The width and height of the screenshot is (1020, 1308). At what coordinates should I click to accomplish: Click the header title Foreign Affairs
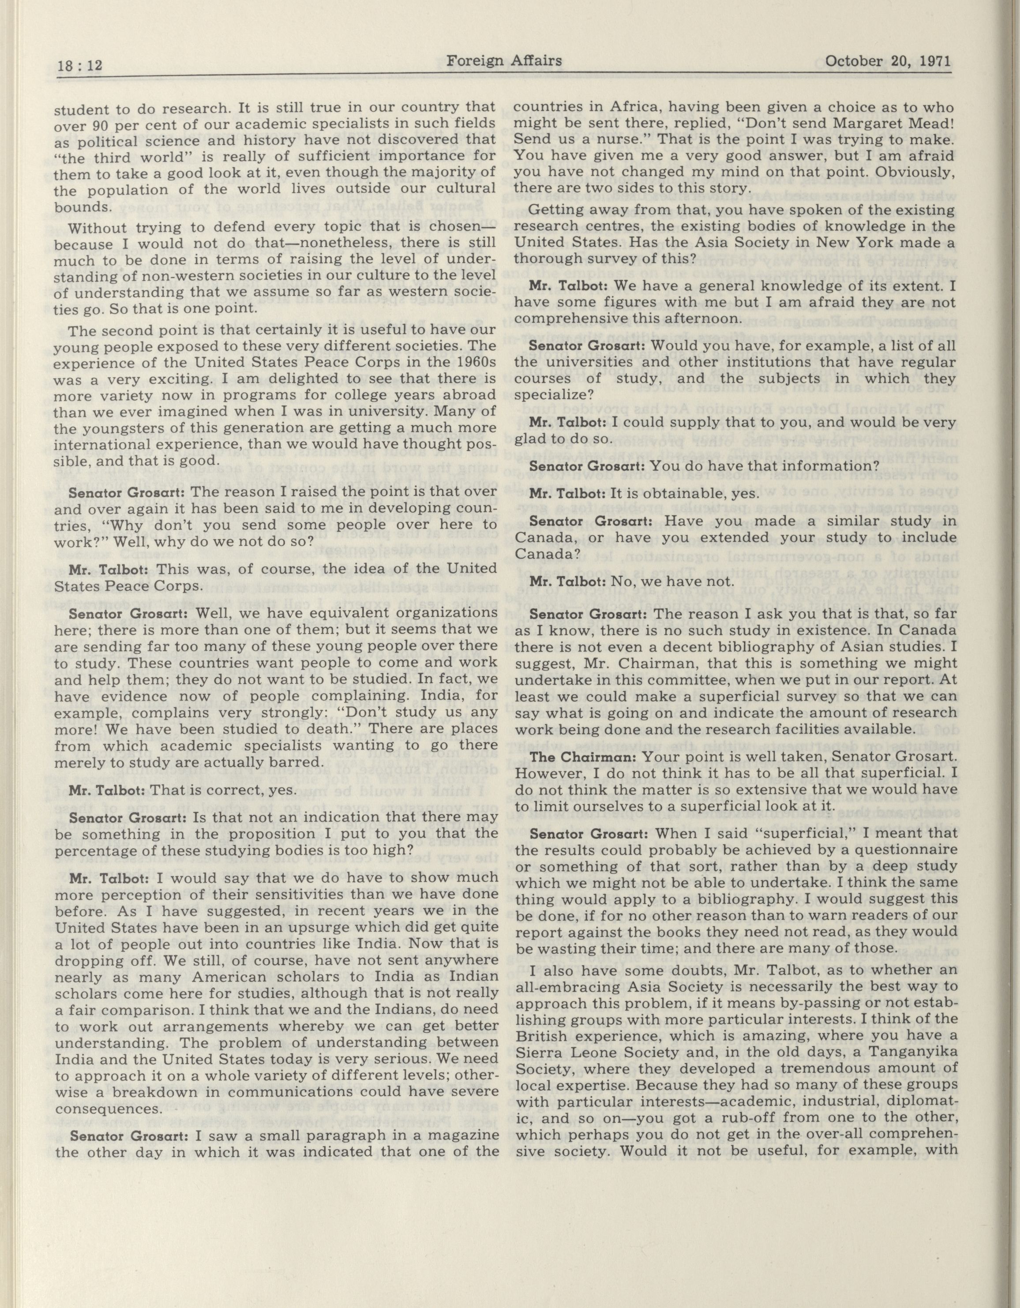pos(504,60)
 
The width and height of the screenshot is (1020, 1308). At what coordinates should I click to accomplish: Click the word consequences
pos(105,1109)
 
